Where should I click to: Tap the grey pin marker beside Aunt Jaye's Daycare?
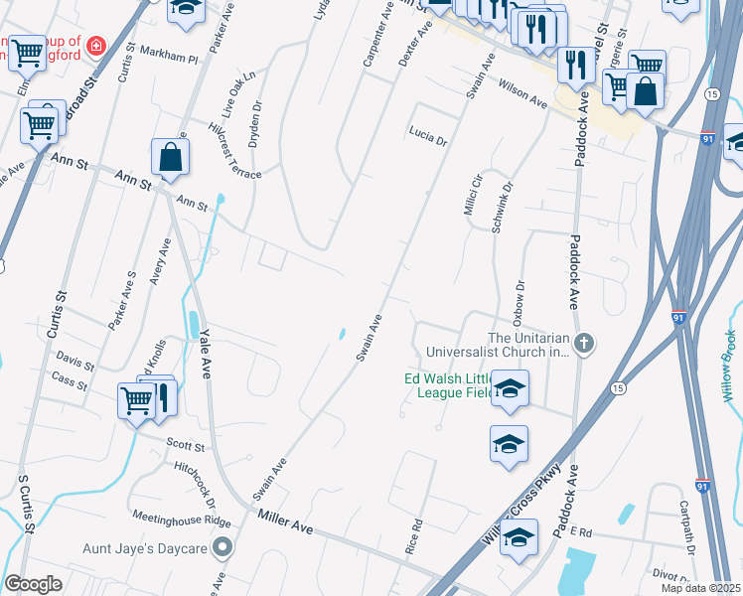(x=225, y=546)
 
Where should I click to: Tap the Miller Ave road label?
(x=285, y=521)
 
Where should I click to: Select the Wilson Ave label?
(x=523, y=94)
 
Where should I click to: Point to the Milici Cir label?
(x=471, y=190)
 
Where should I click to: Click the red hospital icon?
(x=95, y=45)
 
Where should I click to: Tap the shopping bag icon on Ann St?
(x=170, y=158)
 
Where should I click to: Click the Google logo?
(x=33, y=584)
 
